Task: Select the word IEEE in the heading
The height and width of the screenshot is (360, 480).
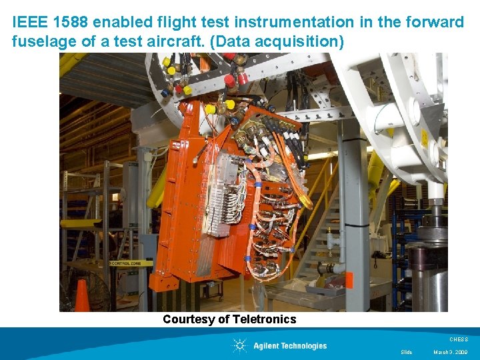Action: (x=27, y=22)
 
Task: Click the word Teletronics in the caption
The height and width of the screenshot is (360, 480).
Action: (x=265, y=319)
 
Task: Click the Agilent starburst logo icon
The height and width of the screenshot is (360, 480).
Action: (x=239, y=345)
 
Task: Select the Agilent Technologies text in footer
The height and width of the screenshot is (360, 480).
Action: (x=290, y=345)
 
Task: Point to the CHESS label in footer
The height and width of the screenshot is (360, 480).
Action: (x=459, y=339)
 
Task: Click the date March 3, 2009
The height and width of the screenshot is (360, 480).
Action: (x=451, y=352)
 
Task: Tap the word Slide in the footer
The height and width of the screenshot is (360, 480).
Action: (x=406, y=352)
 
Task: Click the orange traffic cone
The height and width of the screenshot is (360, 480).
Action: (x=82, y=296)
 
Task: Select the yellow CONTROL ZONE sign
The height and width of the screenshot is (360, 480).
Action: (x=130, y=263)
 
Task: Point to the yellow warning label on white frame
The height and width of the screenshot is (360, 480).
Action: (x=424, y=138)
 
